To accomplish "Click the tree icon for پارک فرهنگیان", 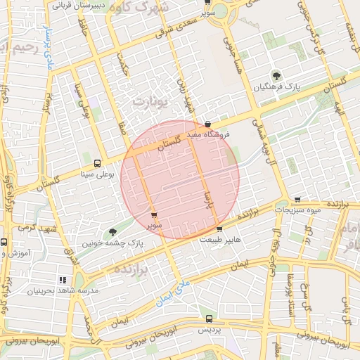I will [275, 75].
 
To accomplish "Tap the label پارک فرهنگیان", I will [275, 86].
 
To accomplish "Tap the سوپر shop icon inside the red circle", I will [154, 215].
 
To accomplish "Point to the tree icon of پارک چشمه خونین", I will [112, 232].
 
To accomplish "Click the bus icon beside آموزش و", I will [4, 242].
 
